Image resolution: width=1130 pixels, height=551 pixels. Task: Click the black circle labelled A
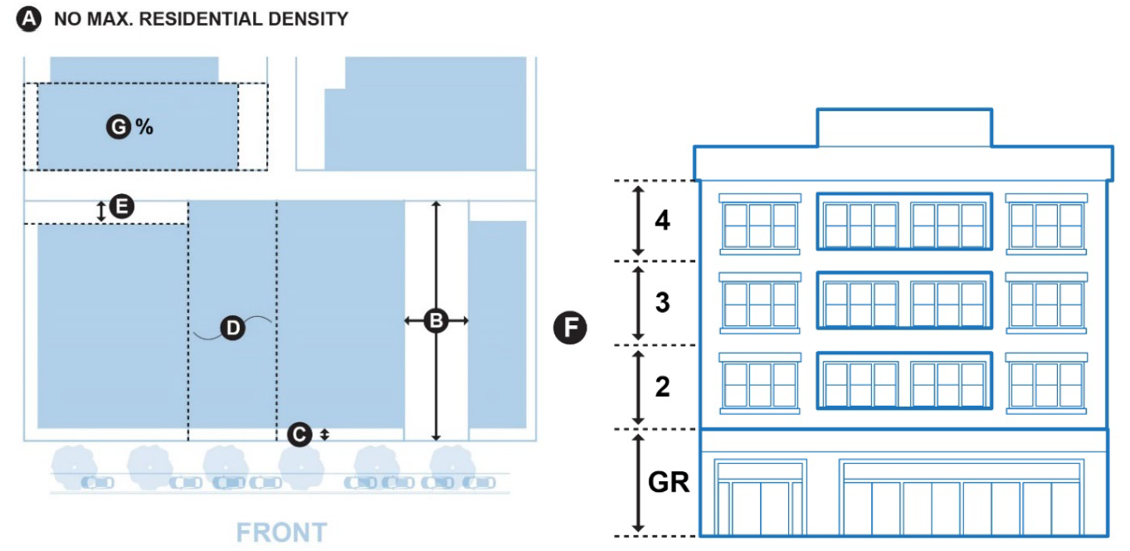coord(29,19)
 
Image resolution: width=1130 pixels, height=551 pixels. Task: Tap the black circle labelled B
coord(436,320)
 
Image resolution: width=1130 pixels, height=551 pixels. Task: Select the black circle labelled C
coord(300,433)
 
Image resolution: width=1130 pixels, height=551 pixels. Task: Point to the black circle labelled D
coord(233,329)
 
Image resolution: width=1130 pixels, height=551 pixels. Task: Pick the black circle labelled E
coord(122,207)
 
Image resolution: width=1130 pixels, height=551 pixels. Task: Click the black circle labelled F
coord(570,329)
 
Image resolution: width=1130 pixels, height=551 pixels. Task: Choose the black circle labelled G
coord(119,127)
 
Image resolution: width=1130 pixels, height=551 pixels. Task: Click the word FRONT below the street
coord(281,532)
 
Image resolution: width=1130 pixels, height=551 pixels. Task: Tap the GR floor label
coord(669,482)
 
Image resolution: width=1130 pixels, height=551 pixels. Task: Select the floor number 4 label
coord(662,222)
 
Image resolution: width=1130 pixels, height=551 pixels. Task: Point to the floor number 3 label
coord(662,303)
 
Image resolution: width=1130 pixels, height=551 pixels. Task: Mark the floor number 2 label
coord(662,387)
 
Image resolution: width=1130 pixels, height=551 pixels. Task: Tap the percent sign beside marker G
coord(144,127)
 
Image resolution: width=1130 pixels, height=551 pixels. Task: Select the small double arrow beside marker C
coord(324,433)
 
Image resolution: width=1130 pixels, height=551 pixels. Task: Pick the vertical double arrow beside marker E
coord(101,211)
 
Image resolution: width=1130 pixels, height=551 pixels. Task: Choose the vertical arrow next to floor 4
coord(638,221)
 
